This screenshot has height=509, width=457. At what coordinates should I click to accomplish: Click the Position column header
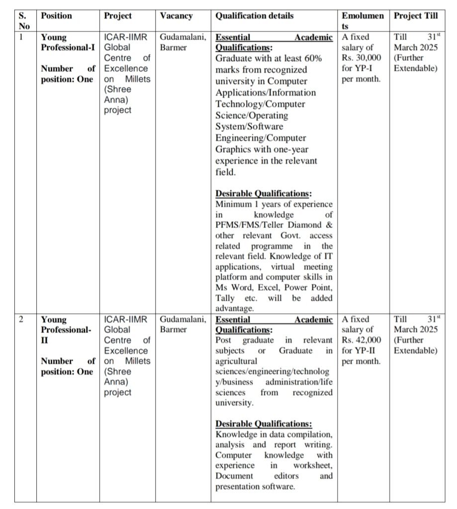(x=56, y=15)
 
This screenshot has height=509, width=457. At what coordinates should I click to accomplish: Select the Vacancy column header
(x=176, y=15)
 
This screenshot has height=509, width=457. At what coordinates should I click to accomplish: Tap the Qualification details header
(x=254, y=15)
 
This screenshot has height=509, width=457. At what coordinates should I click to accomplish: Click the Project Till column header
(x=416, y=15)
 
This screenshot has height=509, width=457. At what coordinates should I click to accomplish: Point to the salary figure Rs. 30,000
(x=362, y=58)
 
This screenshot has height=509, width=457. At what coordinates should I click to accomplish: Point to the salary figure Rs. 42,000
(x=362, y=340)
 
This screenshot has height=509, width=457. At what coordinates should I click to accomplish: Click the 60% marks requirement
(x=314, y=58)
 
